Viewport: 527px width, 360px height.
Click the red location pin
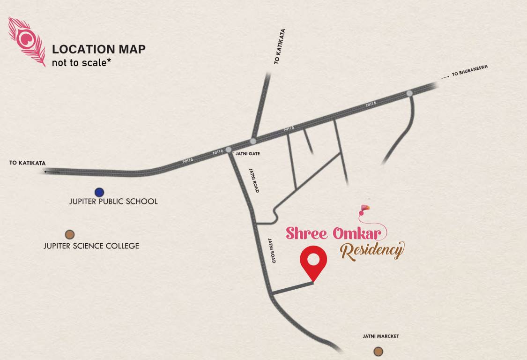tap(313, 261)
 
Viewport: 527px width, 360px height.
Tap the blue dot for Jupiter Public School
tap(99, 192)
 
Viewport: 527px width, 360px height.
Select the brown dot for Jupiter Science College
tap(70, 234)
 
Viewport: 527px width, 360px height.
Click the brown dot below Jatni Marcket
tap(378, 351)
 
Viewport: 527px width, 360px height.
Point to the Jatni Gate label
tap(247, 153)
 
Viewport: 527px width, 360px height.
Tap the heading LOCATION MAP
tap(98, 49)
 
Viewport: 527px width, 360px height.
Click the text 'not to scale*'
tap(79, 62)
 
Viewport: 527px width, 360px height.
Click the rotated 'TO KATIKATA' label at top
tap(280, 46)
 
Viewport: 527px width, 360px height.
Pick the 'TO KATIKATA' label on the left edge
tap(28, 163)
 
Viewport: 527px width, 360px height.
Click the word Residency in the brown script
tap(371, 250)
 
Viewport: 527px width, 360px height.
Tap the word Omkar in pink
tap(360, 233)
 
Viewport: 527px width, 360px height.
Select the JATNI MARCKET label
tap(380, 337)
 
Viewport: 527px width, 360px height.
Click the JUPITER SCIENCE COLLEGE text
tap(91, 246)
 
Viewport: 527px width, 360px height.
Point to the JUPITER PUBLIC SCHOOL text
tap(113, 202)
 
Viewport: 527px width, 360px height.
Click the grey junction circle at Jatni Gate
tap(229, 150)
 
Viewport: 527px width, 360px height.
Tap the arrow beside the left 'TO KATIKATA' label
tap(52, 172)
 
